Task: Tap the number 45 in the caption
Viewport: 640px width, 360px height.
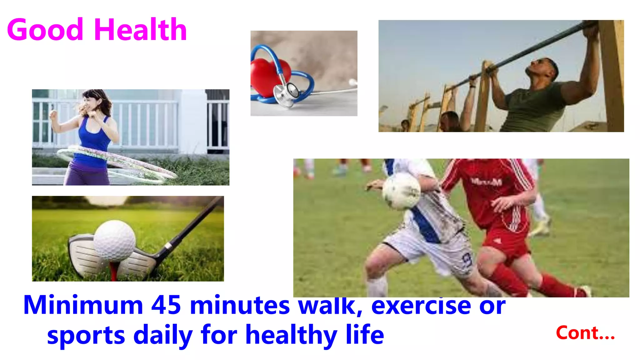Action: point(166,305)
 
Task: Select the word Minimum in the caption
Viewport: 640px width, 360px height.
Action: point(83,305)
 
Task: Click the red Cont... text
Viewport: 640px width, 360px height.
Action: point(585,333)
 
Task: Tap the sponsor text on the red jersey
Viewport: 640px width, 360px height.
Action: point(486,182)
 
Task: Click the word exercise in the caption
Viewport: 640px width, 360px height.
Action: point(421,305)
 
